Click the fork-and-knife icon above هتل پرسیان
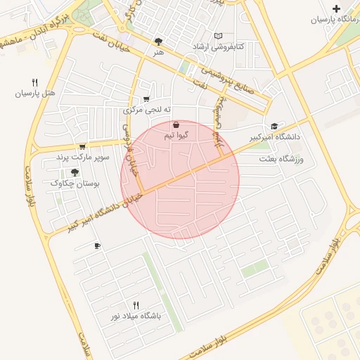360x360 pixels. click(34, 82)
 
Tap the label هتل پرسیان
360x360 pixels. click(34, 93)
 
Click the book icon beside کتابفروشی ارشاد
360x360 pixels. click(218, 35)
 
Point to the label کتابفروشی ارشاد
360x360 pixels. click(219, 46)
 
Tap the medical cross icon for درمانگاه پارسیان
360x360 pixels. click(337, 9)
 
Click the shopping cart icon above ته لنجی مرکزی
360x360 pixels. click(146, 99)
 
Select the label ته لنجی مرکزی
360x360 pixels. click(143, 110)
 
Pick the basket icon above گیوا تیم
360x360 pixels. click(175, 124)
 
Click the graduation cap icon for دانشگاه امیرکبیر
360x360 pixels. click(274, 126)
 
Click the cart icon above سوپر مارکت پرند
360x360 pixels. click(82, 146)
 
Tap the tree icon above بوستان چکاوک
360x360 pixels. click(75, 172)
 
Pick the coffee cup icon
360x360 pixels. click(97, 246)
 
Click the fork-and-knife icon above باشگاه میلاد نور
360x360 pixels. click(136, 305)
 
